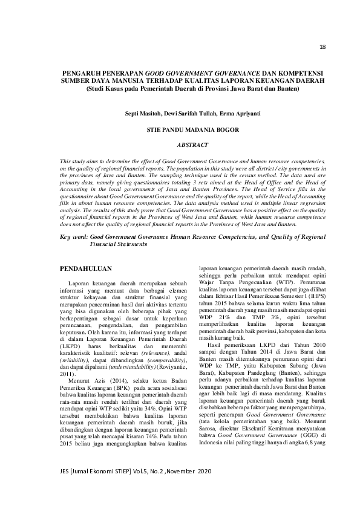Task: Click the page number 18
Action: pos(322,47)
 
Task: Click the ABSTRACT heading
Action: pos(192,145)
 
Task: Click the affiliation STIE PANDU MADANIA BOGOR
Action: pos(192,129)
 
